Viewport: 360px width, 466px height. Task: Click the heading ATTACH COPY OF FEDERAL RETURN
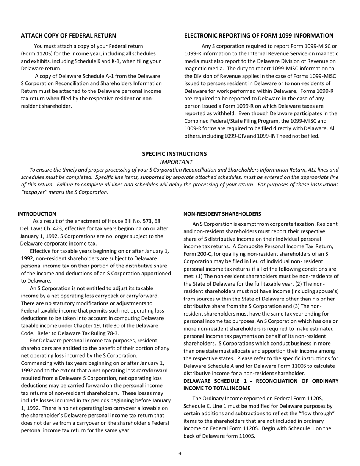pyautogui.click(x=68, y=36)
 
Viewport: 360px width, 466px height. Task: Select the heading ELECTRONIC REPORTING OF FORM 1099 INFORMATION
pyautogui.click(x=258, y=36)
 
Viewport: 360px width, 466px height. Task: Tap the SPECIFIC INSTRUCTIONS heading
pyautogui.click(x=174, y=154)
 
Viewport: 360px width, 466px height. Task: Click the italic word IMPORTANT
pyautogui.click(x=176, y=162)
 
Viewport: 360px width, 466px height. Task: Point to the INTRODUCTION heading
pyautogui.click(x=37, y=214)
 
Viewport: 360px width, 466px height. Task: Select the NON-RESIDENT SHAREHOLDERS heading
pyautogui.click(x=222, y=214)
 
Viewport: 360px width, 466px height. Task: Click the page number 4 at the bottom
pyautogui.click(x=180, y=453)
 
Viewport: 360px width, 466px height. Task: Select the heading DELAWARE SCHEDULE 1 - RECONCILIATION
pyautogui.click(x=261, y=381)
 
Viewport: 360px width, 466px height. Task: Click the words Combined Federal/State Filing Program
pyautogui.click(x=231, y=121)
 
